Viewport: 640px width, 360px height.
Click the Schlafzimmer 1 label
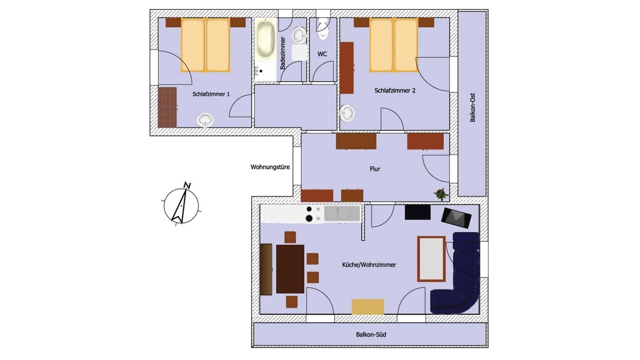[211, 94]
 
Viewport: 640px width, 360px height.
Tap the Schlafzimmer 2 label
[395, 90]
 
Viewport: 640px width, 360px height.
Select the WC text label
[322, 54]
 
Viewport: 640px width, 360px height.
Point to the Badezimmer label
[283, 53]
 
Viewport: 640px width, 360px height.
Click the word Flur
[375, 169]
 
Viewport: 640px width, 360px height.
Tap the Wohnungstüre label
[270, 167]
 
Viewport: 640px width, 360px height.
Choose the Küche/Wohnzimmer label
[369, 265]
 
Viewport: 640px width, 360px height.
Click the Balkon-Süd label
[371, 334]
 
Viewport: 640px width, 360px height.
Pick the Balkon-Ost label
[472, 107]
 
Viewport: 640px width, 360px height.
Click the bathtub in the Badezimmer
[265, 39]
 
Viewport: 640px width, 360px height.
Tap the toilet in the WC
[323, 28]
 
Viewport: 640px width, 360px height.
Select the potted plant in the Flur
[441, 194]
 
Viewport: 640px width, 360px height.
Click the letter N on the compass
[187, 185]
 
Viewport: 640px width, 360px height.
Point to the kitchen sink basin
[342, 213]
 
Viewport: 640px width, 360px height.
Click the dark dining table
[290, 269]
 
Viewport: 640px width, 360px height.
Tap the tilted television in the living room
[456, 218]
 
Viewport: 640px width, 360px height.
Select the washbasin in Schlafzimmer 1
[205, 120]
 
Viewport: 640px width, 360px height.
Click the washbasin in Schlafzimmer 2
[347, 113]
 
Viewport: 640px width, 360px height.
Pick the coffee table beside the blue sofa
[431, 259]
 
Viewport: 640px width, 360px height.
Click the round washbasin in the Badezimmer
[299, 35]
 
